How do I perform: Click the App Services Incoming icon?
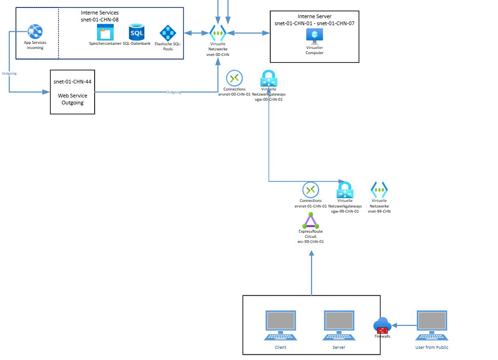point(35,31)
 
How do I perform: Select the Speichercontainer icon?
point(105,33)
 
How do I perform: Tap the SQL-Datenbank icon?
point(137,32)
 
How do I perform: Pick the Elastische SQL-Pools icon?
point(168,34)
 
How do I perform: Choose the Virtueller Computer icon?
point(314,36)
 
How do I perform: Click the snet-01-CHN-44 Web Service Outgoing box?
point(72,92)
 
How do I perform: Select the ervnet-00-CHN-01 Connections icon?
point(235,78)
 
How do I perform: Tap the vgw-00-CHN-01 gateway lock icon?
point(269,78)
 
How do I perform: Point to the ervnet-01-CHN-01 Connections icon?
point(311,190)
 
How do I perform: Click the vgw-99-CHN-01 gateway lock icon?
point(345,190)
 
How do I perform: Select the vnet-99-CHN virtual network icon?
point(379,189)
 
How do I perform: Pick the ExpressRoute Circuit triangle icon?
point(311,220)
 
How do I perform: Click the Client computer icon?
point(280,325)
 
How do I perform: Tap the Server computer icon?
point(339,325)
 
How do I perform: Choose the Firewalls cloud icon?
point(382,325)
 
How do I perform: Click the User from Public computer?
point(432,325)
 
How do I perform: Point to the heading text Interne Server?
point(314,17)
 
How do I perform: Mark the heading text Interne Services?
point(100,13)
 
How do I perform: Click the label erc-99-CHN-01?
point(311,242)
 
